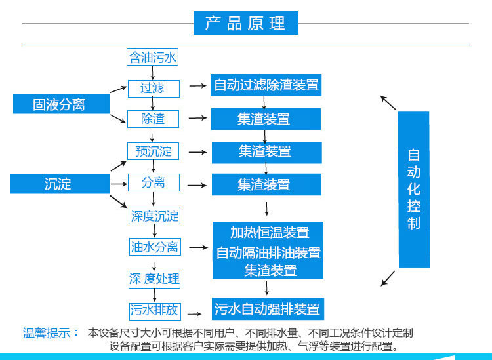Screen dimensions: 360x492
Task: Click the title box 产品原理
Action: (x=246, y=23)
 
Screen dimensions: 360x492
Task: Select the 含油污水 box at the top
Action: (x=152, y=58)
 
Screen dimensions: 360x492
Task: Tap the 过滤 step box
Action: (x=152, y=87)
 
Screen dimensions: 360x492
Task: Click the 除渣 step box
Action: (x=152, y=119)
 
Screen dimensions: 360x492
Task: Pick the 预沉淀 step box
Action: (x=154, y=151)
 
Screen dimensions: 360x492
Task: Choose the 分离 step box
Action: (x=154, y=183)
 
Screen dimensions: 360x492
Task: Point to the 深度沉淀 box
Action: (x=154, y=216)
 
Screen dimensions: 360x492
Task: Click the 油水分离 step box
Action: (x=154, y=247)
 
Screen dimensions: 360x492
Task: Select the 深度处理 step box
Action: (x=154, y=279)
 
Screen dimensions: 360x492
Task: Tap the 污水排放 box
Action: (x=154, y=310)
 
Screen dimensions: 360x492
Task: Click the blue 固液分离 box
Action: (x=59, y=104)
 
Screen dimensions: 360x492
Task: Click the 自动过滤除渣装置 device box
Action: (x=266, y=85)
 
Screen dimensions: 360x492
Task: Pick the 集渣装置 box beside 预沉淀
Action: (x=265, y=151)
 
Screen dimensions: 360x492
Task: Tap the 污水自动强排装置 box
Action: (x=268, y=308)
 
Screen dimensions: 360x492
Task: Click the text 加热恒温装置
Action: (x=269, y=232)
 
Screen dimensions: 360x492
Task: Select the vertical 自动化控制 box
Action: (x=413, y=190)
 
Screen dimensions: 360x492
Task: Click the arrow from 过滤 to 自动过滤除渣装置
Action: (x=196, y=86)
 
